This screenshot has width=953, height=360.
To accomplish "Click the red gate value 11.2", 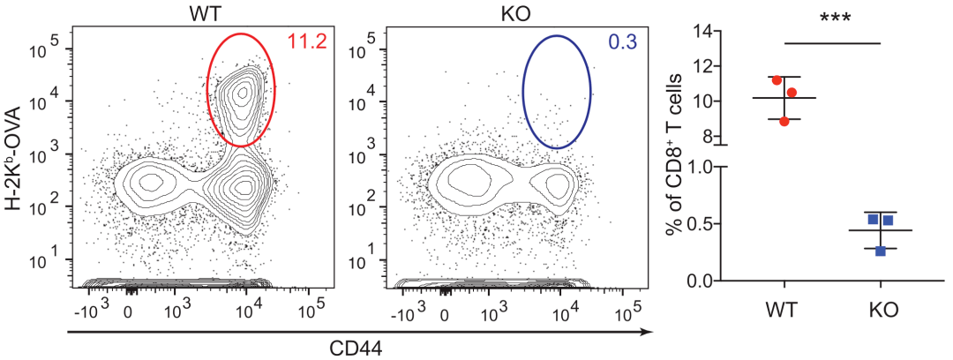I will tap(304, 41).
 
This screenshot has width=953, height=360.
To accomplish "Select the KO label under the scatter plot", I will tap(881, 311).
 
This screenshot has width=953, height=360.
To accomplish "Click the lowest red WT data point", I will tap(784, 121).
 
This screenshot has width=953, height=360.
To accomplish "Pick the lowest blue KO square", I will tap(881, 251).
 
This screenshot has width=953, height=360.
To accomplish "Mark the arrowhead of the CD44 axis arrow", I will tap(648, 332).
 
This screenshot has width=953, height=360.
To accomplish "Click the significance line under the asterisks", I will tap(832, 42).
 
